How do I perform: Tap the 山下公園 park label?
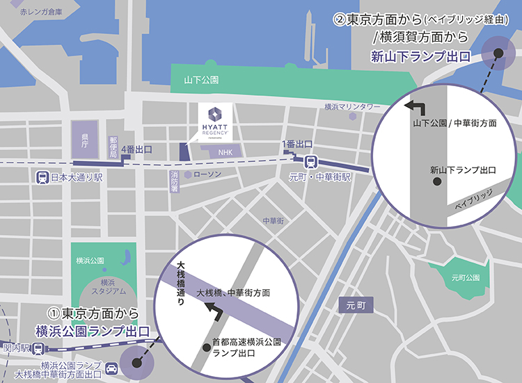[202, 79]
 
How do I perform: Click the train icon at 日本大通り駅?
[43, 177]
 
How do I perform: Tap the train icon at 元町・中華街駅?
[311, 161]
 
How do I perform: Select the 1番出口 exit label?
[296, 144]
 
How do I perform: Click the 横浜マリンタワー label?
[353, 107]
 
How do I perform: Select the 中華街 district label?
[274, 220]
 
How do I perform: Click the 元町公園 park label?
[466, 277]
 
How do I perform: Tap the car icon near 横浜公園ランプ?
[110, 366]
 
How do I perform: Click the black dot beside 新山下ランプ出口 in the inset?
[437, 181]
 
